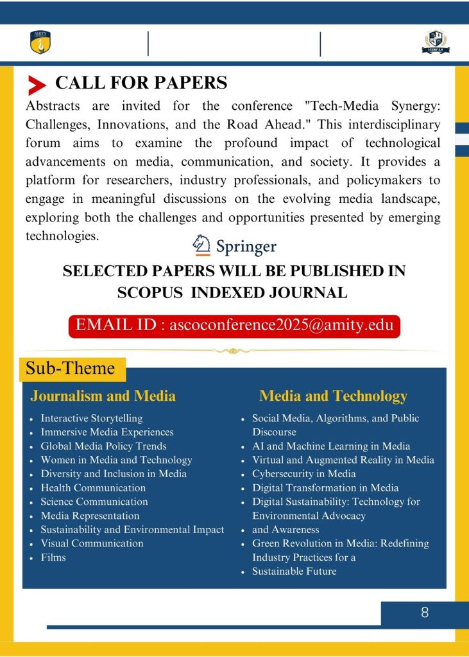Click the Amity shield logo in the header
pyautogui.click(x=40, y=42)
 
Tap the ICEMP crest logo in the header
pyautogui.click(x=435, y=42)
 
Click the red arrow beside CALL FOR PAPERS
pyautogui.click(x=37, y=85)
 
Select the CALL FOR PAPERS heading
pyautogui.click(x=141, y=83)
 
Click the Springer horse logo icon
pyautogui.click(x=202, y=245)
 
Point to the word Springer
pyautogui.click(x=246, y=247)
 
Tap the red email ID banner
pyautogui.click(x=234, y=325)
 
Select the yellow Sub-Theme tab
pyautogui.click(x=71, y=369)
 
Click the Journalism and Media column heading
pyautogui.click(x=103, y=396)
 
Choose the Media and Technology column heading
pyautogui.click(x=333, y=396)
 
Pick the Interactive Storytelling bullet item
pyautogui.click(x=91, y=418)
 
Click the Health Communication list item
pyautogui.click(x=93, y=487)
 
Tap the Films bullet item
pyautogui.click(x=53, y=557)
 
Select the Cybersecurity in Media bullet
pyautogui.click(x=303, y=474)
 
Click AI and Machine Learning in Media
pyautogui.click(x=331, y=446)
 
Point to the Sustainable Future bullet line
pyautogui.click(x=294, y=571)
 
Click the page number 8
pyautogui.click(x=425, y=613)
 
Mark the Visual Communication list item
pyautogui.click(x=92, y=543)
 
